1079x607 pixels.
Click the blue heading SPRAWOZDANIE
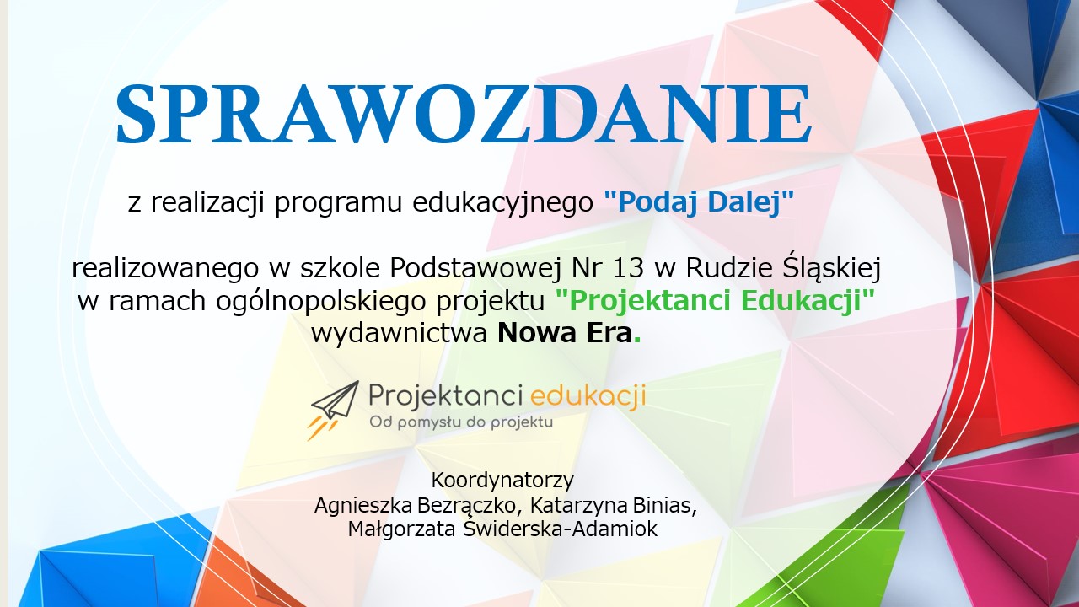(x=464, y=115)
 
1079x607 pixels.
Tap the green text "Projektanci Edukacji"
(x=715, y=301)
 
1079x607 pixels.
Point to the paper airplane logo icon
(x=334, y=411)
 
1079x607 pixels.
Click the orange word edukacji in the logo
(x=588, y=396)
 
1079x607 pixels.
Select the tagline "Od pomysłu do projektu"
(x=461, y=423)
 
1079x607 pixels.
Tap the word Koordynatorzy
(x=502, y=480)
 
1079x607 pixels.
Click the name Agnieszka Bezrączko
(x=416, y=506)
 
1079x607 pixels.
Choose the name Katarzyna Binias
(x=613, y=505)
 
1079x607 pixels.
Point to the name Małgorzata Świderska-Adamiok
(x=502, y=529)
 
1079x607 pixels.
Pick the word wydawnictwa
(x=400, y=333)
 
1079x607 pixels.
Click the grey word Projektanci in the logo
(x=446, y=397)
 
